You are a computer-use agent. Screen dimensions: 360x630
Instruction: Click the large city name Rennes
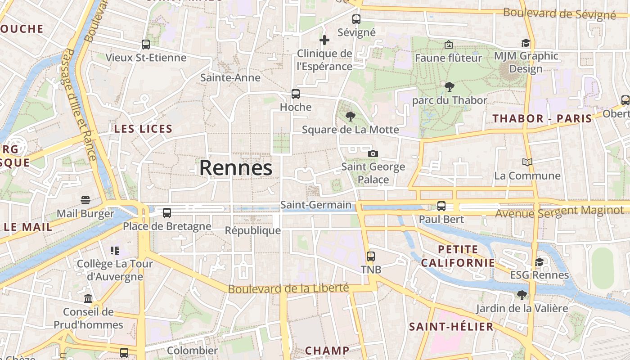tap(236, 168)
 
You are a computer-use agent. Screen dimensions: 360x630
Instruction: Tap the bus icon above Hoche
tap(296, 94)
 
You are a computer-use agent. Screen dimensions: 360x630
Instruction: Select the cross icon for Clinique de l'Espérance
tap(324, 40)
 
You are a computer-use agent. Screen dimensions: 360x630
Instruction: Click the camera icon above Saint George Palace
tap(373, 154)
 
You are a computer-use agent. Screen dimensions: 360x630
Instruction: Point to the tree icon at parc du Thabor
tap(449, 87)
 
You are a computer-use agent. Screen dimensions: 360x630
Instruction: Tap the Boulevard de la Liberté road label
tap(288, 288)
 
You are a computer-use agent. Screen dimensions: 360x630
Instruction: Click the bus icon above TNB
tap(370, 256)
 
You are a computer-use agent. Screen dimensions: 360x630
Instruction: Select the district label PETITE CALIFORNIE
tap(458, 256)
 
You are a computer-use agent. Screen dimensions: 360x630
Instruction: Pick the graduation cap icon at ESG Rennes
tap(539, 262)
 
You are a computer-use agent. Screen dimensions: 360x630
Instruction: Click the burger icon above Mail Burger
tap(85, 200)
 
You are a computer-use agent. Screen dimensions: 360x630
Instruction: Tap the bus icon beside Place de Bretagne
tap(167, 213)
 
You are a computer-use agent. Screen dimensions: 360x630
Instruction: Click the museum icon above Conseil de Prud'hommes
tap(88, 299)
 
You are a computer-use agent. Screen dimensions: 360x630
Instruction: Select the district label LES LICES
tap(143, 129)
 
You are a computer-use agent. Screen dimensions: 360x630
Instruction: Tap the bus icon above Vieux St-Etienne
tap(145, 45)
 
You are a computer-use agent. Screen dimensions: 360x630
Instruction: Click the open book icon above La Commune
tap(527, 162)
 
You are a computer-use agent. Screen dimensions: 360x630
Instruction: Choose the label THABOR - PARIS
tap(542, 119)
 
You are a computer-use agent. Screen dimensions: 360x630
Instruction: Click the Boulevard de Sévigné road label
tap(559, 13)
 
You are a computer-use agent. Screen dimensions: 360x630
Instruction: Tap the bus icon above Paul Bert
tap(441, 206)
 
